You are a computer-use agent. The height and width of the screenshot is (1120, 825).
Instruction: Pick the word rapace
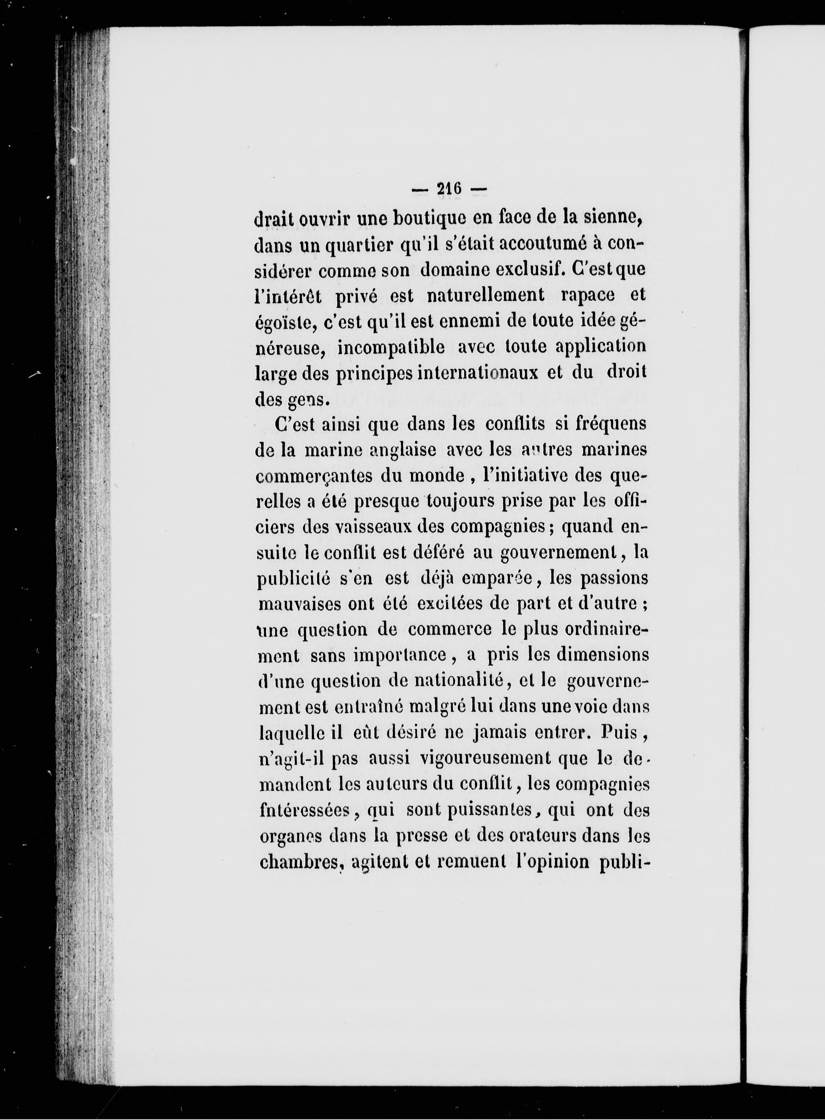tap(588, 295)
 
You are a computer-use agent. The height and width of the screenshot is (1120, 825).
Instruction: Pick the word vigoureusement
tap(485, 759)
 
